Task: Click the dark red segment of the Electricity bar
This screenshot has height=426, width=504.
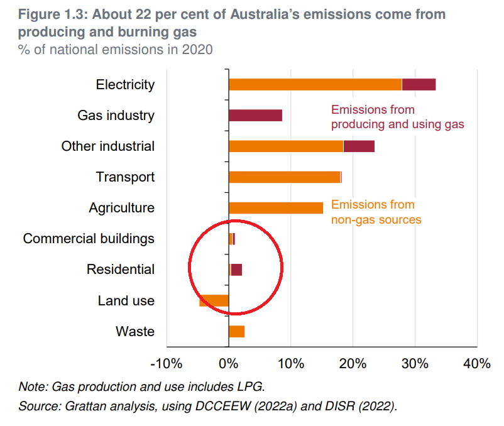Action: (419, 85)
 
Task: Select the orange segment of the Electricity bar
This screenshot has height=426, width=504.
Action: (315, 85)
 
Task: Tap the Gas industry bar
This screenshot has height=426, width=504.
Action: (255, 116)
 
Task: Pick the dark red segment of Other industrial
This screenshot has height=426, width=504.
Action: (359, 146)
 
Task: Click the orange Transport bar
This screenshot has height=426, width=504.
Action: (284, 177)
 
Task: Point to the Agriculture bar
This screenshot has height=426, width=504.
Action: (276, 208)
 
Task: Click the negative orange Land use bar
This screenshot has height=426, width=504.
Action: (214, 301)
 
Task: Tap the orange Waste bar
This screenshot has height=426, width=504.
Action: (236, 332)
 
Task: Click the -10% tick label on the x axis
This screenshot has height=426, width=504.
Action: (167, 364)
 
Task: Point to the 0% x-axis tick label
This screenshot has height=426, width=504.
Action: (228, 364)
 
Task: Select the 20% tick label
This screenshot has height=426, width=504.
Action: (353, 364)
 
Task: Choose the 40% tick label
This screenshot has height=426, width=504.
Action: (477, 364)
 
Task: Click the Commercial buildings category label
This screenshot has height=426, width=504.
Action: (89, 239)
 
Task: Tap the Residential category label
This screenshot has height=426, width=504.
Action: (121, 270)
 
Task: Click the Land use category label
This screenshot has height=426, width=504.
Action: (126, 301)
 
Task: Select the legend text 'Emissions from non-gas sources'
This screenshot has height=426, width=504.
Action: (376, 212)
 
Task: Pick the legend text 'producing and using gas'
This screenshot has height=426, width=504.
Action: (397, 124)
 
